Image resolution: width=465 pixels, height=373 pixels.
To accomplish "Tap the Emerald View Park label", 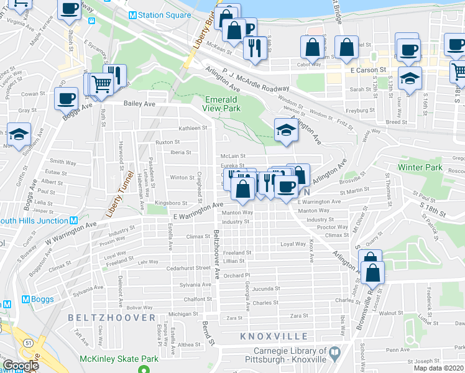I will point(221,103).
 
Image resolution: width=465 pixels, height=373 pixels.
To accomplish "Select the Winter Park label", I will point(419,167).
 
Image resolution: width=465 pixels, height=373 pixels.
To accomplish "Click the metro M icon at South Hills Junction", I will point(73,221).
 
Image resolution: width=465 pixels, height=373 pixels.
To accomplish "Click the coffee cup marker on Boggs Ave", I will point(67,98).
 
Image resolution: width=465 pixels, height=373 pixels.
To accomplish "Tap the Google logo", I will point(21,366).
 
